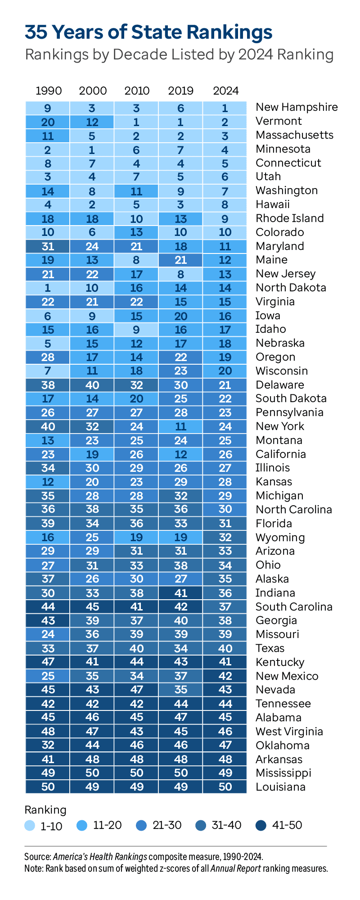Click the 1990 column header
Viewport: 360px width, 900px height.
coord(49,91)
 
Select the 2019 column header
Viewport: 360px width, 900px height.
coord(181,91)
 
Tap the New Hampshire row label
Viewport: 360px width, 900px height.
coord(297,107)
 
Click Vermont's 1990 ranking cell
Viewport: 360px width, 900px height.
coord(48,122)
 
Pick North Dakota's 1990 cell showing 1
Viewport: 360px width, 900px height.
coord(48,288)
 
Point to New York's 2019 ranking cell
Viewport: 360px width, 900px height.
coord(181,426)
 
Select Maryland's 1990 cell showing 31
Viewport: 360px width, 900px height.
coord(48,246)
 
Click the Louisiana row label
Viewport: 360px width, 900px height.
coord(280,787)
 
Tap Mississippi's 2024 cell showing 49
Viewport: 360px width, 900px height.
coord(225,773)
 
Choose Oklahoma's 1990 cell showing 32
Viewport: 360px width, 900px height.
coord(48,745)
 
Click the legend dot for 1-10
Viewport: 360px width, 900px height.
coord(30,826)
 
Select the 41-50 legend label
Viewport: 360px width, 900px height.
coord(287,825)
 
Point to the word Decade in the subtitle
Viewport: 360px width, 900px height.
coord(138,54)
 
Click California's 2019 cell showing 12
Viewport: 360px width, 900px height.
coord(181,454)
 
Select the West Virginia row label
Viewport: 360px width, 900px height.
coord(289,732)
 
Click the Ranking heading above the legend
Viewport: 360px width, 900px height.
coord(45,810)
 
